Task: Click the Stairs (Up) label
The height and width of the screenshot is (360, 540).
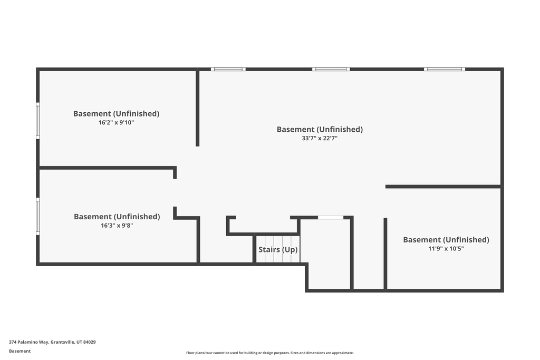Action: coord(278,250)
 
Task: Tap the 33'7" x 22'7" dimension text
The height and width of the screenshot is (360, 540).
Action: coord(320,139)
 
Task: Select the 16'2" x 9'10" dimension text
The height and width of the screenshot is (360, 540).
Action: coord(116,122)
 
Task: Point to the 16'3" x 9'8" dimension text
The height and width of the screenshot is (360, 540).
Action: coord(117,226)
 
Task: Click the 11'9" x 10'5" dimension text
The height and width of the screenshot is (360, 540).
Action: coord(446,249)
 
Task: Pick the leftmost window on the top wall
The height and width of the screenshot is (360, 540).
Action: coord(228,69)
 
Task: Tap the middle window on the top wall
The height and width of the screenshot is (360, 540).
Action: coord(331,69)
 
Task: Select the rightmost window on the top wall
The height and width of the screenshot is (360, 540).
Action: coord(444,69)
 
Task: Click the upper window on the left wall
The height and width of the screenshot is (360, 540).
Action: coord(37,121)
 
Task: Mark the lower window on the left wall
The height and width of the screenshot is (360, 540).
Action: coord(37,216)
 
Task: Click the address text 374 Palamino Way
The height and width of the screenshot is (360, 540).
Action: coord(28,342)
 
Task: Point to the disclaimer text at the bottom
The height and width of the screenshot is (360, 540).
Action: coord(270,353)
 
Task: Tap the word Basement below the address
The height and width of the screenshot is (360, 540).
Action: coord(20,351)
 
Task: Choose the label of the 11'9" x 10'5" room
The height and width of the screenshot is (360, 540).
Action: coord(446,240)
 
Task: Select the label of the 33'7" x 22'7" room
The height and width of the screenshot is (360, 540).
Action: coord(320,129)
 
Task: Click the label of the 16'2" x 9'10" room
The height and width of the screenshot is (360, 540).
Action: coord(116,113)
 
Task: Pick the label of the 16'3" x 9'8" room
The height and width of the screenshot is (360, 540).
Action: coord(117,217)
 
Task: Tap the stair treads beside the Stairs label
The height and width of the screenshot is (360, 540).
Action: coord(278,257)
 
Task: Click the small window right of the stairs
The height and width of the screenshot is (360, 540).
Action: coord(331,217)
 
